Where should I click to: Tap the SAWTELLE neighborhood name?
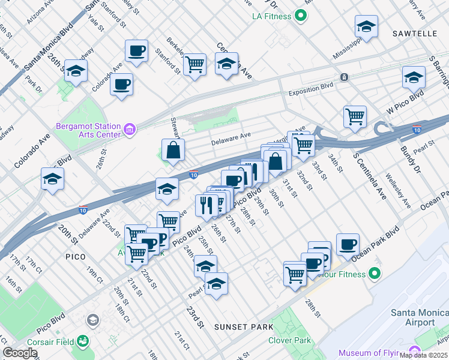(415, 34)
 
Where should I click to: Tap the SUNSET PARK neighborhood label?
(244, 327)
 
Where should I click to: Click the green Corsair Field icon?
(82, 342)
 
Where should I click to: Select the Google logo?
(20, 353)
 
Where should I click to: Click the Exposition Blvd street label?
(310, 93)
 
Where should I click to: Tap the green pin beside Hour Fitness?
(375, 274)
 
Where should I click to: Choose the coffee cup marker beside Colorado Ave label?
(121, 85)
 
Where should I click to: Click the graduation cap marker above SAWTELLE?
(366, 26)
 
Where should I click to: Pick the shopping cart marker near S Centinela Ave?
(355, 115)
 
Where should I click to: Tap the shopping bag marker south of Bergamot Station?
(173, 151)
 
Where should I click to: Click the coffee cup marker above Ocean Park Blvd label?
(348, 244)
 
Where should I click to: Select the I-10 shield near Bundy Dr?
(417, 130)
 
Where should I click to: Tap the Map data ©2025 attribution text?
(423, 355)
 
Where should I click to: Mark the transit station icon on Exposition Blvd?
(344, 77)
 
